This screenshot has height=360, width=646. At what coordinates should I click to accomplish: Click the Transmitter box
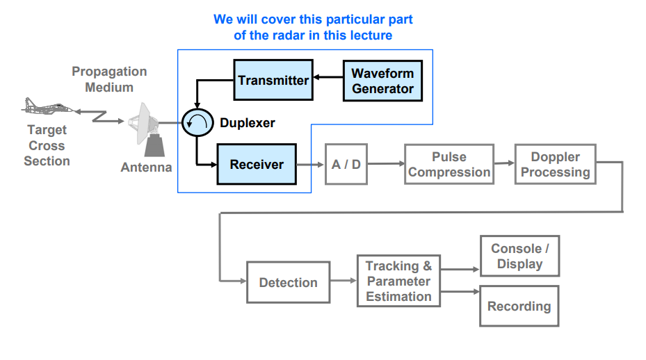click(x=273, y=80)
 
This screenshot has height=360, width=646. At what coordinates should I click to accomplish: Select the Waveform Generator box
click(x=382, y=81)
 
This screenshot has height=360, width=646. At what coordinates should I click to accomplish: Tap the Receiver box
click(x=257, y=165)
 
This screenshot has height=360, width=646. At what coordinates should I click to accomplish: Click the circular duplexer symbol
click(x=195, y=123)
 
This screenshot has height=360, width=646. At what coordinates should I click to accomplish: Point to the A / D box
click(x=346, y=165)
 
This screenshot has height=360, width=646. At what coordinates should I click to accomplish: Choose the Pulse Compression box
click(x=449, y=165)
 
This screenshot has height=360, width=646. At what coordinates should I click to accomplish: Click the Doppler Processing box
click(x=555, y=165)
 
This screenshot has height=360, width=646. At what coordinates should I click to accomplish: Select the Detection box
click(x=288, y=282)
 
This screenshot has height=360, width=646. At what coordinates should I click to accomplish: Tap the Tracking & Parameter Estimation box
click(x=398, y=281)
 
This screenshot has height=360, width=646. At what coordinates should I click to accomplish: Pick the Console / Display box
click(x=519, y=256)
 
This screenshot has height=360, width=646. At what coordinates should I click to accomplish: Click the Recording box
click(x=519, y=306)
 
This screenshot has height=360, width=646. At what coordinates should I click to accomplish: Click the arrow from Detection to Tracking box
click(x=344, y=281)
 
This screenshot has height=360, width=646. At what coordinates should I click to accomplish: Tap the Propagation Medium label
click(x=109, y=79)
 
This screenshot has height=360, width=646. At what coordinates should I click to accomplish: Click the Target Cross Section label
click(x=47, y=145)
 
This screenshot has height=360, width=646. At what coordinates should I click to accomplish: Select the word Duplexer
click(x=248, y=123)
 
